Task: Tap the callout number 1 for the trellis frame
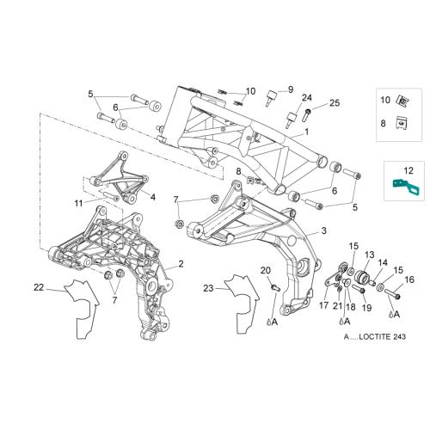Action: [x=307, y=132]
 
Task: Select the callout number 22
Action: [x=39, y=287]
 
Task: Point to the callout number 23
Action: [x=209, y=288]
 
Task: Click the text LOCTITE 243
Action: [x=383, y=336]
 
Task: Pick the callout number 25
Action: [x=335, y=102]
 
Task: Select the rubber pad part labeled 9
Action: [x=271, y=97]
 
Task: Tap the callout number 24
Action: [x=307, y=97]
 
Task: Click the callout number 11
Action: [x=78, y=203]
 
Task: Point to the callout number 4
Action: [x=153, y=197]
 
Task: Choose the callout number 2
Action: [x=181, y=264]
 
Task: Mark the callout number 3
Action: [x=323, y=230]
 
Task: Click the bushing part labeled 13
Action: [x=362, y=277]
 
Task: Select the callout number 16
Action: [x=409, y=279]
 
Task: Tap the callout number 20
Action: [x=266, y=270]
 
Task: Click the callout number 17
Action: [x=323, y=305]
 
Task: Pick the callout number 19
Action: [x=366, y=308]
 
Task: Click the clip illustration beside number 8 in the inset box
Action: [x=402, y=123]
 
